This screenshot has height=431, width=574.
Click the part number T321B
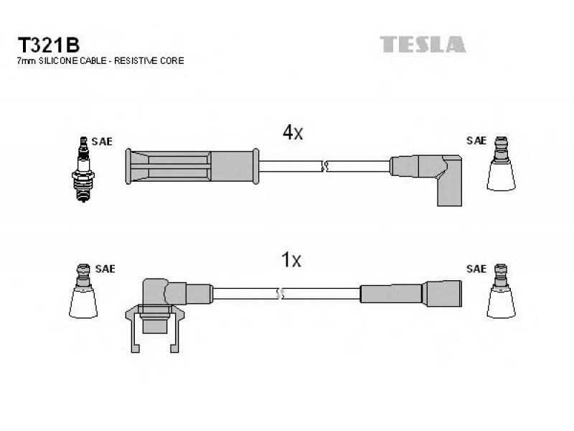pyautogui.click(x=48, y=45)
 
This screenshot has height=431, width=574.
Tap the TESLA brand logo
pyautogui.click(x=423, y=45)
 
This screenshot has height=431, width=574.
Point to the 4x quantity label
pyautogui.click(x=293, y=132)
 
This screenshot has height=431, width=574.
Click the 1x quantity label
pyautogui.click(x=291, y=260)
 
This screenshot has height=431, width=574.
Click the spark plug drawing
pyautogui.click(x=83, y=170)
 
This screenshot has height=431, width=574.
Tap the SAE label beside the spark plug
pyautogui.click(x=102, y=142)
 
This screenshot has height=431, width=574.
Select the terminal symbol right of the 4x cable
pyautogui.click(x=501, y=164)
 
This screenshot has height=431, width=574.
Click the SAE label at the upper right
pyautogui.click(x=476, y=141)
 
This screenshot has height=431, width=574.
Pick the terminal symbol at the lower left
pyautogui.click(x=83, y=291)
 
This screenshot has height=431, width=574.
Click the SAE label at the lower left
pyautogui.click(x=105, y=269)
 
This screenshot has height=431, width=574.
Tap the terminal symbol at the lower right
pyautogui.click(x=501, y=291)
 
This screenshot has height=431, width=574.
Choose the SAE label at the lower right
pyautogui.click(x=476, y=269)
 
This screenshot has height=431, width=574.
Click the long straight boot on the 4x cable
pyautogui.click(x=192, y=166)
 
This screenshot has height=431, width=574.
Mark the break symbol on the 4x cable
pyautogui.click(x=324, y=167)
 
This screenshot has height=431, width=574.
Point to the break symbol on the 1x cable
pyautogui.click(x=280, y=294)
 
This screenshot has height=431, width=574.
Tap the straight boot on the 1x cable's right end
pyautogui.click(x=410, y=294)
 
